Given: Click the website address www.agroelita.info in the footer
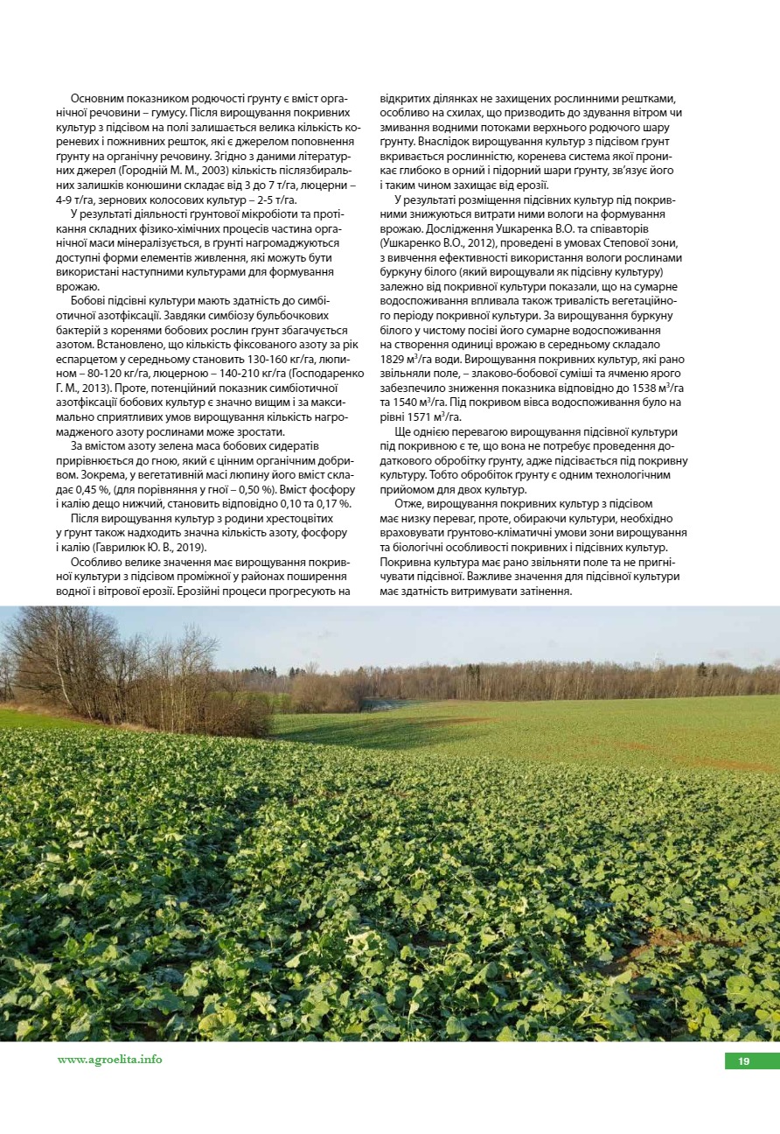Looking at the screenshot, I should tap(109, 1060).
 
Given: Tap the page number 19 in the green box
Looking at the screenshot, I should tap(743, 1061).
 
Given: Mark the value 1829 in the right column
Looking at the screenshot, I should tap(393, 359).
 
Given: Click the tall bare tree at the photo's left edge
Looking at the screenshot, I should tap(52, 656).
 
